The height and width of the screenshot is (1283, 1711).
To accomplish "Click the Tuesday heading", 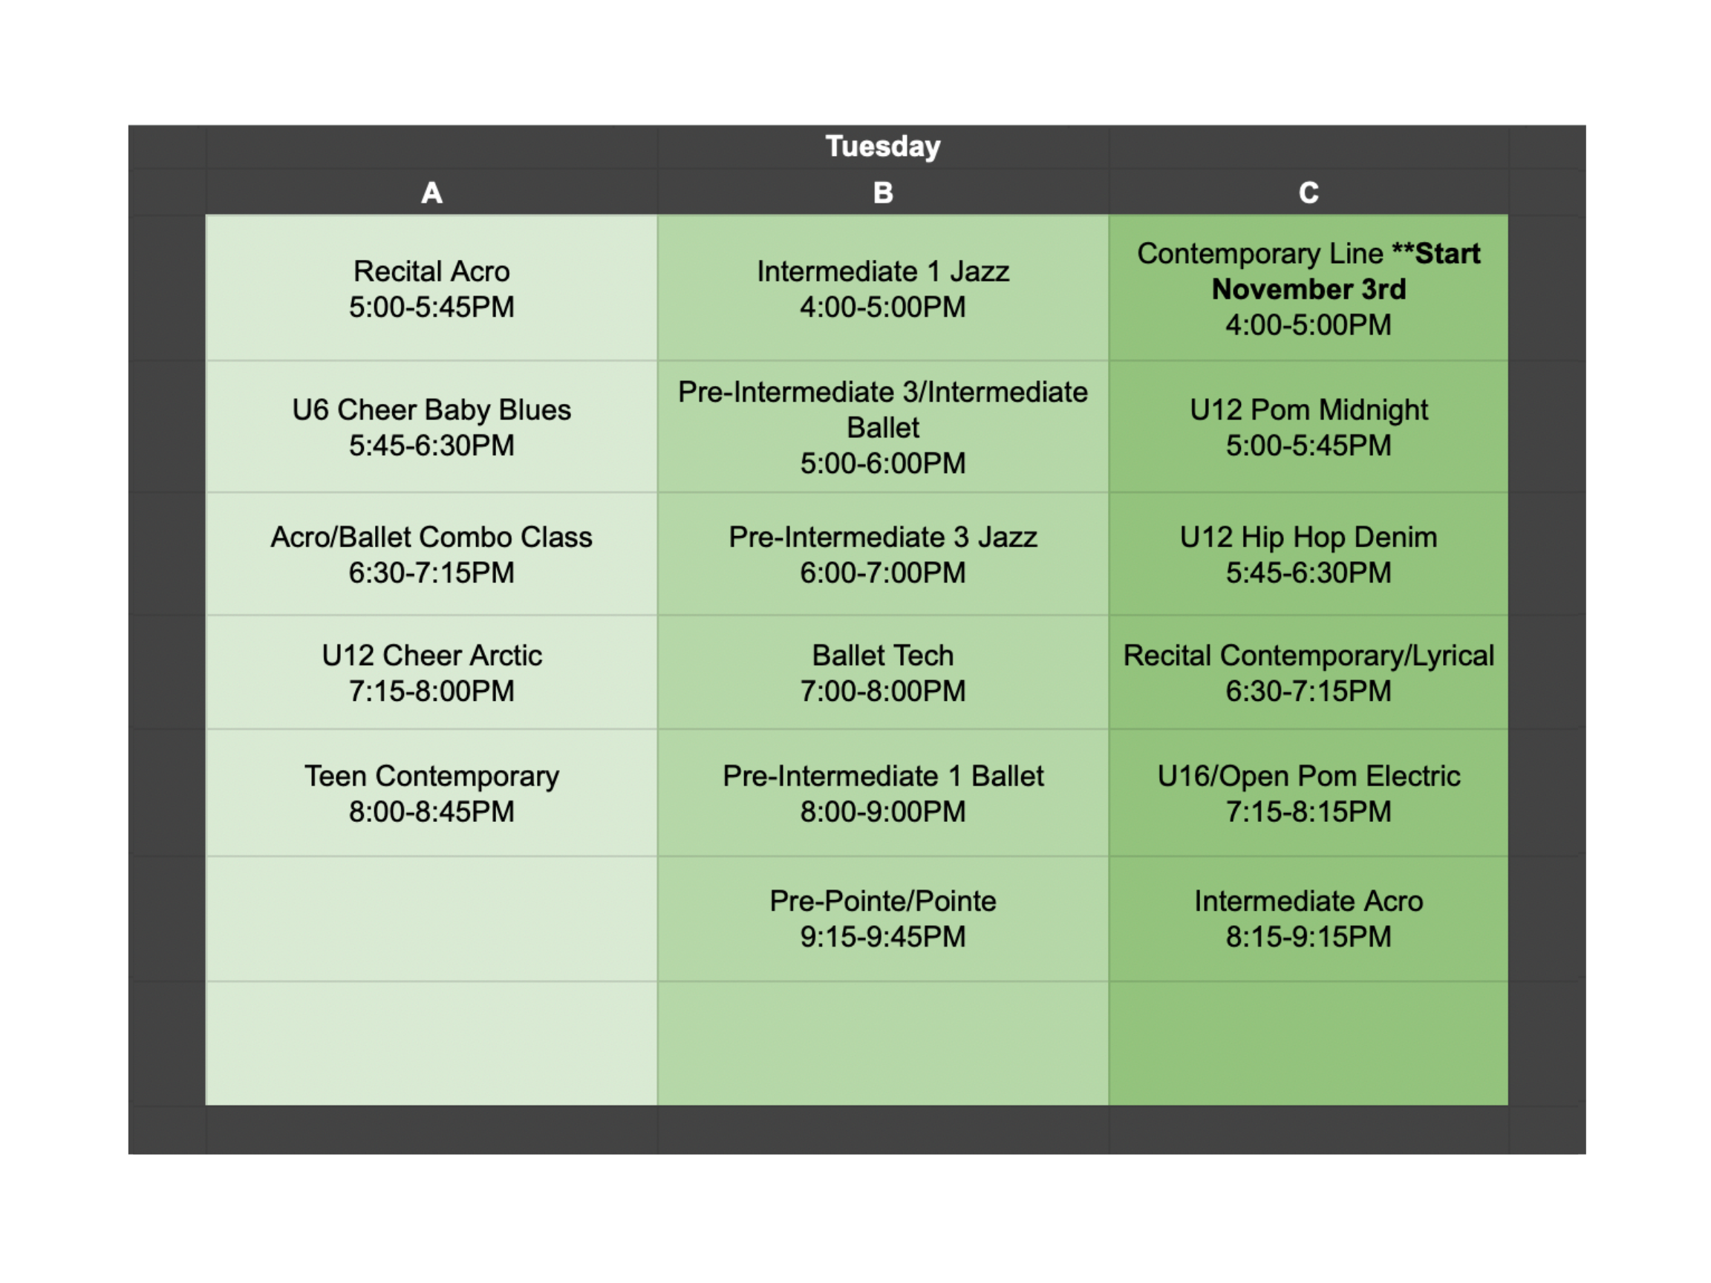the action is pos(882,146).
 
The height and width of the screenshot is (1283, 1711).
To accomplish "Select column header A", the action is pos(431,192).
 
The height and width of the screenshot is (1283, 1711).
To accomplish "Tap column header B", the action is pos(882,192).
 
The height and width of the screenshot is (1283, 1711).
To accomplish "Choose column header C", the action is pos(1308,192).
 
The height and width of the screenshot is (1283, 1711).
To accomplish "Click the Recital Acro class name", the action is pos(431,272).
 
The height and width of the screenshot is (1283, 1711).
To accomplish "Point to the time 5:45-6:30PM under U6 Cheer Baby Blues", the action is pos(431,445).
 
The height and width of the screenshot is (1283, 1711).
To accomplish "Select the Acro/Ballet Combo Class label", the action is pos(431,537).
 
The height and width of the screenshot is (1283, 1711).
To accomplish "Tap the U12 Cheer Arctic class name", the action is pos(431,655).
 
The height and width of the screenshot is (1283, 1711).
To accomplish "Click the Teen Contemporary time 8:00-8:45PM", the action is pos(431,812).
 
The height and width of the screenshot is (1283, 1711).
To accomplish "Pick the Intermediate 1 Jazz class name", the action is pos(882,272).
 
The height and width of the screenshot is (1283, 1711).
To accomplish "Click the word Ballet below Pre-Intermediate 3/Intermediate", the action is pos(882,428).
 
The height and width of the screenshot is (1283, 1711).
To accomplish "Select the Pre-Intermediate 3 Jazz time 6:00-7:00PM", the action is pos(882,572).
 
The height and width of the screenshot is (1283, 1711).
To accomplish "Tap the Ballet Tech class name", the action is pos(882,655).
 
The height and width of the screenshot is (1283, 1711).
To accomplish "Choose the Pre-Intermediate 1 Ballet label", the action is pos(882,776).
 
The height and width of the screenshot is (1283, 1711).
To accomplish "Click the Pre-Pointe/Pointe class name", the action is pos(882,901).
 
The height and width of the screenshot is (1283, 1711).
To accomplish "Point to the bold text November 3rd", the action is pos(1308,290).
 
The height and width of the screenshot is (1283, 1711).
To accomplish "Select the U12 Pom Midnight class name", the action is pos(1308,410).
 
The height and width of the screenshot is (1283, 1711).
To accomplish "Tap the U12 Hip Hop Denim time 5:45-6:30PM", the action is pos(1308,572).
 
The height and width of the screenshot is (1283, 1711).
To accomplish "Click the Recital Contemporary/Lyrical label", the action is pos(1308,655).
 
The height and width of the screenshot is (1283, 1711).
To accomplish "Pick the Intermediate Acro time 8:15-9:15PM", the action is pos(1308,936).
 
